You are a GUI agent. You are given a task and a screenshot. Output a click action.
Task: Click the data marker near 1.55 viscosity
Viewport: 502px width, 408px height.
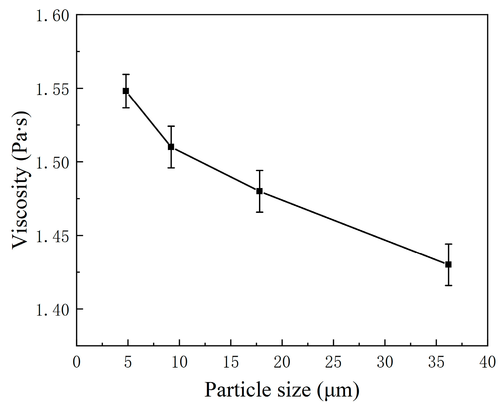[x=126, y=91]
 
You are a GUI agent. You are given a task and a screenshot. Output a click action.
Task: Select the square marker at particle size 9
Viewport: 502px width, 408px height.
[x=171, y=147]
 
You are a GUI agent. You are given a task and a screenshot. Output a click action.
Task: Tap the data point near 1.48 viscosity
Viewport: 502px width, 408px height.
[x=259, y=191]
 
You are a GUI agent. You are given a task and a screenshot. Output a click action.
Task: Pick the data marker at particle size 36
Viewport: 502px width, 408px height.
[x=448, y=264]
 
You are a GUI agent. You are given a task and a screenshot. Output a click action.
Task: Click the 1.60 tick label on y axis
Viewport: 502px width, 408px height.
[x=52, y=15]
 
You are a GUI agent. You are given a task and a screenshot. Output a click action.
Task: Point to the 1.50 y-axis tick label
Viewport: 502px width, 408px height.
[x=52, y=162]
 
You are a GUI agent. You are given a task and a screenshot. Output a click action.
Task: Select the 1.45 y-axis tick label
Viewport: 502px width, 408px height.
[x=52, y=236]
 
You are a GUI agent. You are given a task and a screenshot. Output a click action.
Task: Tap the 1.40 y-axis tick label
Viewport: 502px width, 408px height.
[x=52, y=309]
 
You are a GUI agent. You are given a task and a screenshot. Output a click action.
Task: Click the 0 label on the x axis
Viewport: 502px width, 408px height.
[x=77, y=362]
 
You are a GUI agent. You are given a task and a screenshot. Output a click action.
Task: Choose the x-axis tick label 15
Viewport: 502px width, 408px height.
[x=231, y=362]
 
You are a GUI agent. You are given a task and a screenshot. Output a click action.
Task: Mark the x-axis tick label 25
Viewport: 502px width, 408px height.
[x=334, y=362]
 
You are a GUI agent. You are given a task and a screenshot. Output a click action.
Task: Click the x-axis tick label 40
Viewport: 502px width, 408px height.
[x=488, y=362]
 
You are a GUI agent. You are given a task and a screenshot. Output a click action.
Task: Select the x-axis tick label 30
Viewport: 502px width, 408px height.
[x=385, y=362]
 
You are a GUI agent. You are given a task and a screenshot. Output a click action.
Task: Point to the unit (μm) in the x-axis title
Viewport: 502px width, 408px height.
[x=338, y=390]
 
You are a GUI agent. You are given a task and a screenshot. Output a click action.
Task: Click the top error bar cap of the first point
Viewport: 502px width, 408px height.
[x=126, y=74]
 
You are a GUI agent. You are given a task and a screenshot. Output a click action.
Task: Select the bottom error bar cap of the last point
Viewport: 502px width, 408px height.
[x=448, y=286]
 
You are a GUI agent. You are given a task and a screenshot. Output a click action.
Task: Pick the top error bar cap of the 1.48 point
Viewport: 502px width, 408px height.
[x=259, y=170]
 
